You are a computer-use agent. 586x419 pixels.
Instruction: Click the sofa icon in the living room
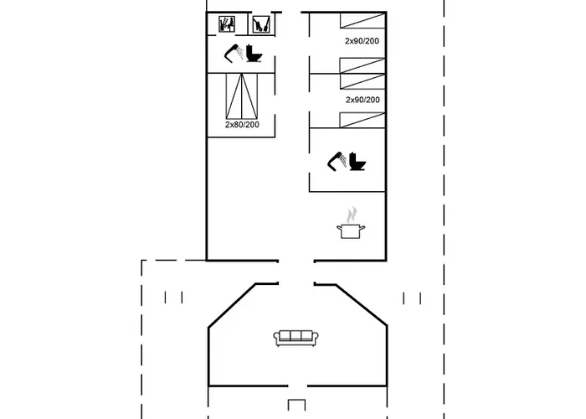tap(296, 339)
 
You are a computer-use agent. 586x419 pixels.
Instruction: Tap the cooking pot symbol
tap(351, 230)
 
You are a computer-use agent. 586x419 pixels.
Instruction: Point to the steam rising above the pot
tap(352, 215)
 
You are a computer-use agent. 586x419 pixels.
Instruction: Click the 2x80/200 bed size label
tap(242, 125)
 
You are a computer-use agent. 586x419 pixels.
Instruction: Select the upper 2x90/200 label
tap(362, 41)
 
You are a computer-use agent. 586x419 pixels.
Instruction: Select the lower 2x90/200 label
tap(362, 100)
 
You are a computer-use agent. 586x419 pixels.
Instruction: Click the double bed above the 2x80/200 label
tap(242, 96)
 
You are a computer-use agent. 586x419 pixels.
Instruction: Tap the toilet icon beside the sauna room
tap(254, 53)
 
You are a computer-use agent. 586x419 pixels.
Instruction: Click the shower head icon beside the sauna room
tap(234, 53)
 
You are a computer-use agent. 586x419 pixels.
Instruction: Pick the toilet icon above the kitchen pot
tap(357, 162)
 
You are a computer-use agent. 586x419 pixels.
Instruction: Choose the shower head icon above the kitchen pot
tap(337, 162)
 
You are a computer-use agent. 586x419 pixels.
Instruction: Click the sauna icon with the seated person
tap(227, 24)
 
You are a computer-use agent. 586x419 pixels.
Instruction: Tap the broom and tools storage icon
tap(261, 24)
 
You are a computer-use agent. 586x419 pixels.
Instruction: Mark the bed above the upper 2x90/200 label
tap(362, 21)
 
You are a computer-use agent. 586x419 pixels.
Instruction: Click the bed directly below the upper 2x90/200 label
tap(362, 65)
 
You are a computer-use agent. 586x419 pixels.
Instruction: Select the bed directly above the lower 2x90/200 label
tap(362, 81)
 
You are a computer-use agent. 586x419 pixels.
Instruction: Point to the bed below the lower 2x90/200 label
tap(362, 120)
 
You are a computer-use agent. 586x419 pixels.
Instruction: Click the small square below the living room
tap(296, 406)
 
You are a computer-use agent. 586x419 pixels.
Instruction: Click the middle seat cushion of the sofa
tap(296, 335)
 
